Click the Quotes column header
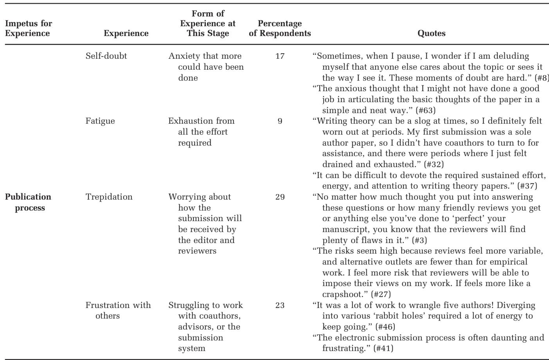click(432, 33)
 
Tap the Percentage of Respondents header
click(280, 29)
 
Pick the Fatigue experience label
click(100, 121)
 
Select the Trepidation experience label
click(109, 197)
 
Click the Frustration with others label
click(118, 310)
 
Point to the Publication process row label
click(28, 202)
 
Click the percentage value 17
click(280, 56)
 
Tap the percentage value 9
click(280, 121)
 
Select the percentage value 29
click(280, 197)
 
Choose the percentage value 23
click(280, 305)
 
